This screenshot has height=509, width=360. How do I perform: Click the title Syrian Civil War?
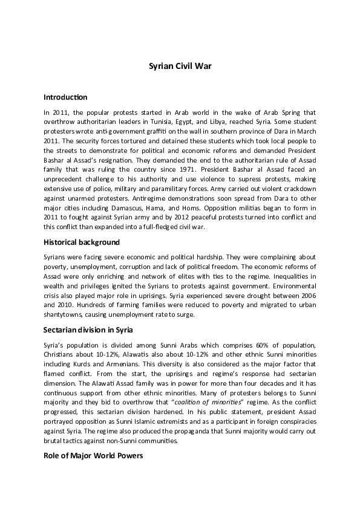180,68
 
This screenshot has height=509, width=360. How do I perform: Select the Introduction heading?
66,97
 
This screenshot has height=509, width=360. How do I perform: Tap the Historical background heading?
82,242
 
